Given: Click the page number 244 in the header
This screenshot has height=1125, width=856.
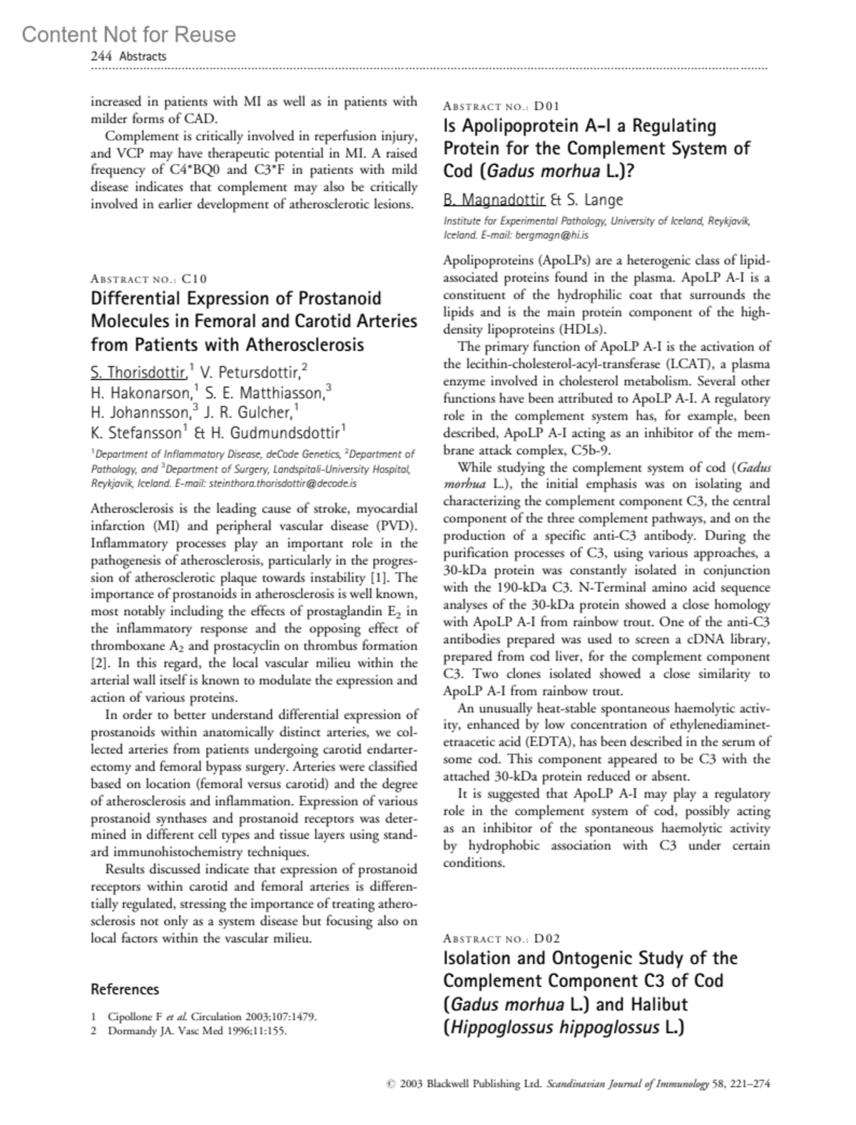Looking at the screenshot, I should point(100,56).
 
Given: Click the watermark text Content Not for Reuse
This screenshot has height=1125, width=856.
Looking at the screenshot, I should point(128,34).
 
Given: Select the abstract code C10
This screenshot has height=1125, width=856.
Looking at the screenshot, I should point(194,279).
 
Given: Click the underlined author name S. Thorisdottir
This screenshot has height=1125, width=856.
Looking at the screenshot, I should point(139,372).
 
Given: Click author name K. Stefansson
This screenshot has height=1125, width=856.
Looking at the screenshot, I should point(136,432).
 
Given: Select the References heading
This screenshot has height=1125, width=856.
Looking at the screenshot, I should point(125,989).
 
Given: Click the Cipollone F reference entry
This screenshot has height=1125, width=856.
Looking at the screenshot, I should point(212,1017).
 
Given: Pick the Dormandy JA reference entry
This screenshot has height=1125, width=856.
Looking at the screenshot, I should point(198,1031).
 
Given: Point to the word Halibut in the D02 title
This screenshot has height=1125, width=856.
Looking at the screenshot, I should point(652,1004).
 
